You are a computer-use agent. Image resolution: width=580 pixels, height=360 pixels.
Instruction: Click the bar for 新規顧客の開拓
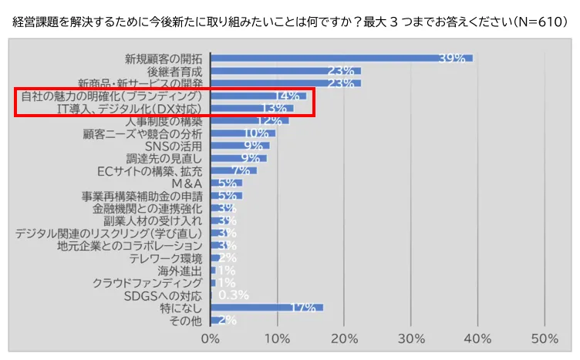[x=339, y=59]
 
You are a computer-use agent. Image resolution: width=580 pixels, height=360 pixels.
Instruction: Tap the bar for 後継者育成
[x=285, y=71]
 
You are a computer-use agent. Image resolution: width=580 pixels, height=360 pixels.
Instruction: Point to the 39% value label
[x=451, y=59]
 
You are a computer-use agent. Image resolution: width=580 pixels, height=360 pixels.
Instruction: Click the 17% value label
[x=303, y=308]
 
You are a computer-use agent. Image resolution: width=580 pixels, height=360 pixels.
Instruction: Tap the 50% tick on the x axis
[x=545, y=338]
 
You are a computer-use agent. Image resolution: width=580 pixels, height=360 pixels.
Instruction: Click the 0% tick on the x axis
[x=211, y=338]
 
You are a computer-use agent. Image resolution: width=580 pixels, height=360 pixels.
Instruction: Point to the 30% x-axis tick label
[x=411, y=338]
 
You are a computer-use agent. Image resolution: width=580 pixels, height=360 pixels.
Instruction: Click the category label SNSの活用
[x=174, y=146]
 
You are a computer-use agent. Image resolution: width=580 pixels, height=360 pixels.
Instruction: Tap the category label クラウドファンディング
[x=147, y=283]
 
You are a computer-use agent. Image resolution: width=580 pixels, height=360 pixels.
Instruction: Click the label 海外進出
[x=180, y=271]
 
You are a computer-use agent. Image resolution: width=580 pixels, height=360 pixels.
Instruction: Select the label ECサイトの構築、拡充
[x=150, y=171]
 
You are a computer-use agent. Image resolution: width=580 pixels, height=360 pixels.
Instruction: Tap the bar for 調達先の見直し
[x=238, y=158]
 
